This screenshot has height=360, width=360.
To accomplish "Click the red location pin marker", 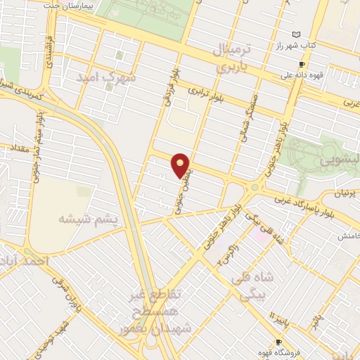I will click(181, 165).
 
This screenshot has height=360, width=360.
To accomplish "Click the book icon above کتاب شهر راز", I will click(297, 34).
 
